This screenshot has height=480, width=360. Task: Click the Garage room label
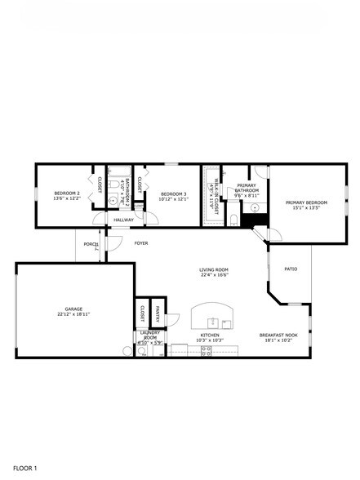[73, 309]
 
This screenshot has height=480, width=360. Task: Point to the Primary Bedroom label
[306, 202]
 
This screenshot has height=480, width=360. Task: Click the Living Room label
[214, 270]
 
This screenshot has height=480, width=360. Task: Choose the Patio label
[291, 269]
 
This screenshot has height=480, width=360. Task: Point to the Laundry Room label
[150, 335]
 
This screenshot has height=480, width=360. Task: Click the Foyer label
[141, 243]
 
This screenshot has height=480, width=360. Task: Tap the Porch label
[91, 244]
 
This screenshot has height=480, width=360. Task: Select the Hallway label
[123, 220]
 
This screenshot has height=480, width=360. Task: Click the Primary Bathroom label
[247, 189]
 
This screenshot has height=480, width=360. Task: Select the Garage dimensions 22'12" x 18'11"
[73, 314]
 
